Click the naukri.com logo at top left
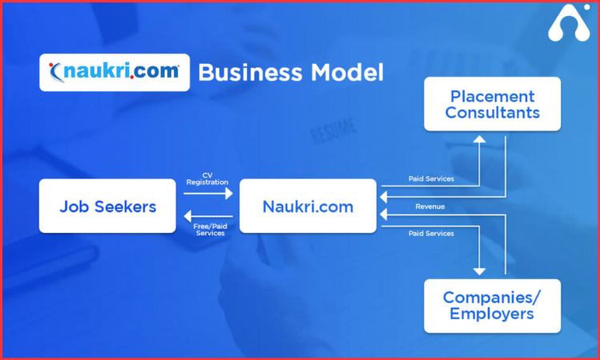114,72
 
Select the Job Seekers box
107,206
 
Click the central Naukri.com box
308,206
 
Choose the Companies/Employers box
492,305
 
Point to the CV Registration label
206,178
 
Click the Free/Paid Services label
209,230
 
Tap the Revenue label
430,206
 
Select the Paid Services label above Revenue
431,178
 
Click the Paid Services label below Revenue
431,234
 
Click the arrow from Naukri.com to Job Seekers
208,216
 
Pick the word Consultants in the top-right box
492,113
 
